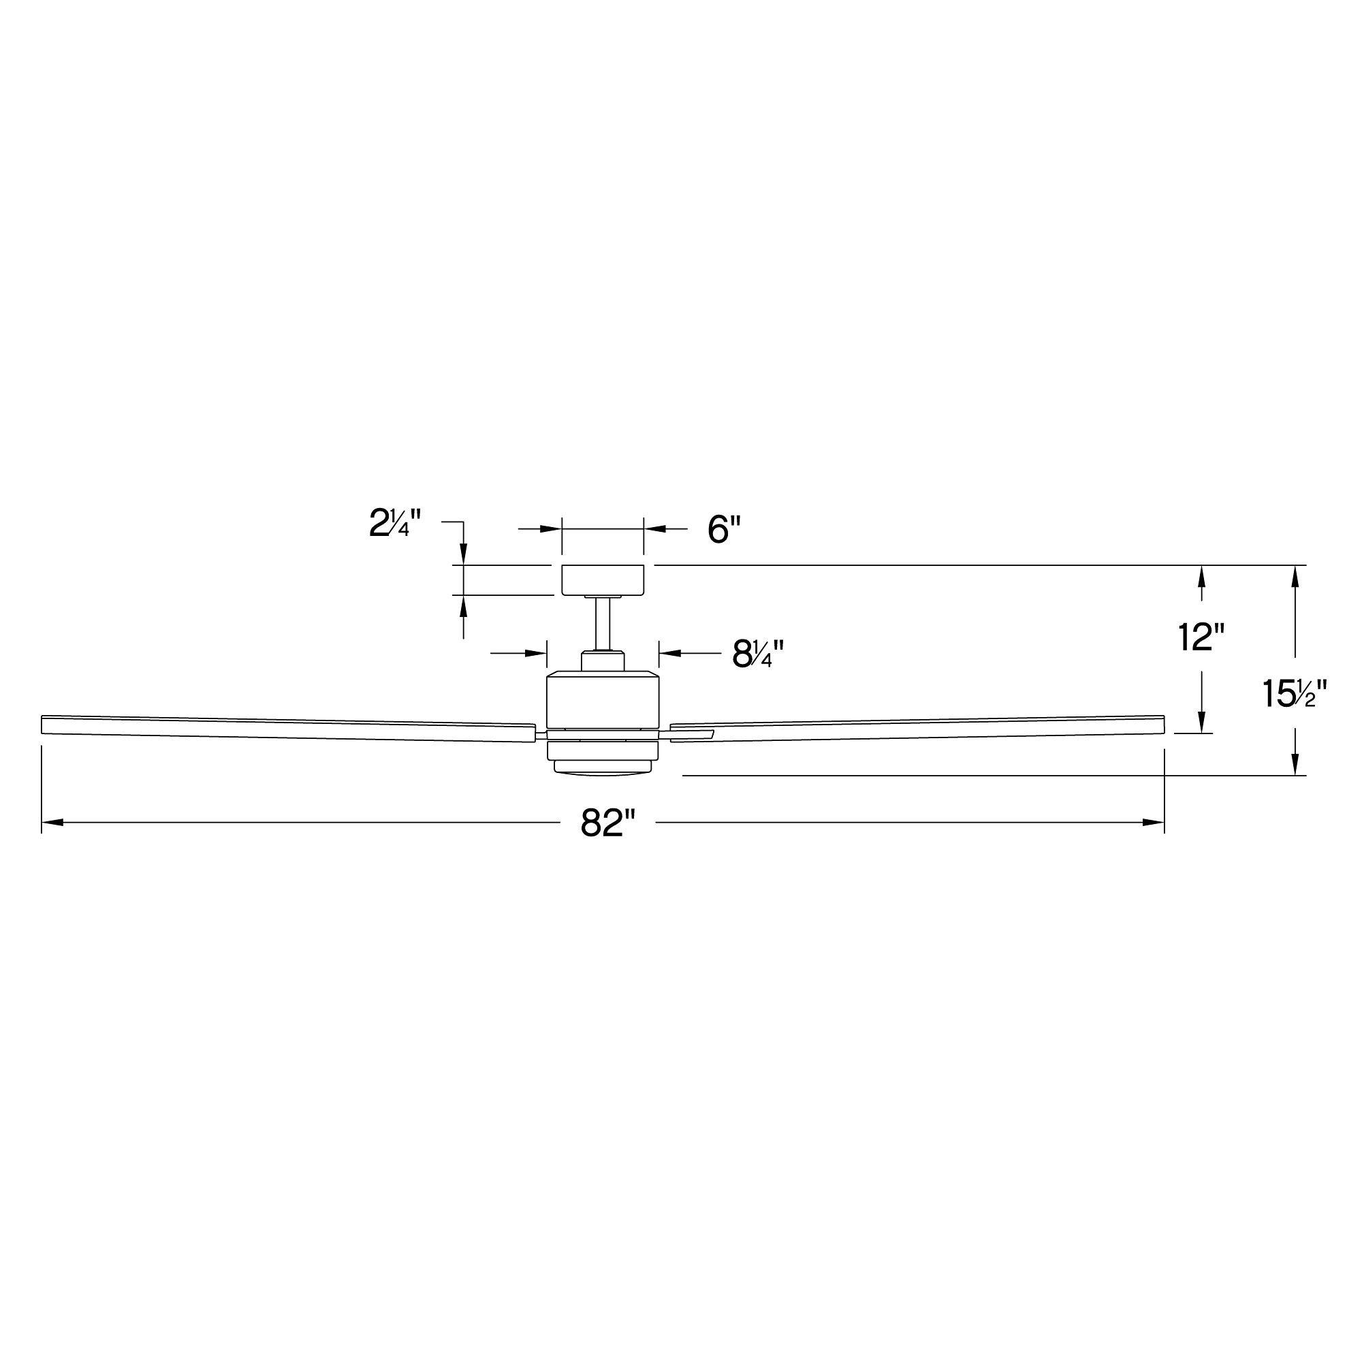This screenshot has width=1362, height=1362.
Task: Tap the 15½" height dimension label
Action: pos(1295,695)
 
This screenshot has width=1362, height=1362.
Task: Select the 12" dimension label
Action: pos(1202,638)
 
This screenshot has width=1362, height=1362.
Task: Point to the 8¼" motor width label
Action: pos(758,654)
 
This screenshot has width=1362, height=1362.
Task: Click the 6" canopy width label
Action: pos(725,529)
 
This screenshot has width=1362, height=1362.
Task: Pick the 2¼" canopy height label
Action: pos(395,524)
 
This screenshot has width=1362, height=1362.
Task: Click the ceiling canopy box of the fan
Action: pos(602,580)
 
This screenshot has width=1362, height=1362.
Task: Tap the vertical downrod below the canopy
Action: pos(603,624)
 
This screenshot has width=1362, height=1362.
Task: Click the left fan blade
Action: pos(282,727)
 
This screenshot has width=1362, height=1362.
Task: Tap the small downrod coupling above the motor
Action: pos(603,661)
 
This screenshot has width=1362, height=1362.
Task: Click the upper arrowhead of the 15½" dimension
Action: pos(1295,576)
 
